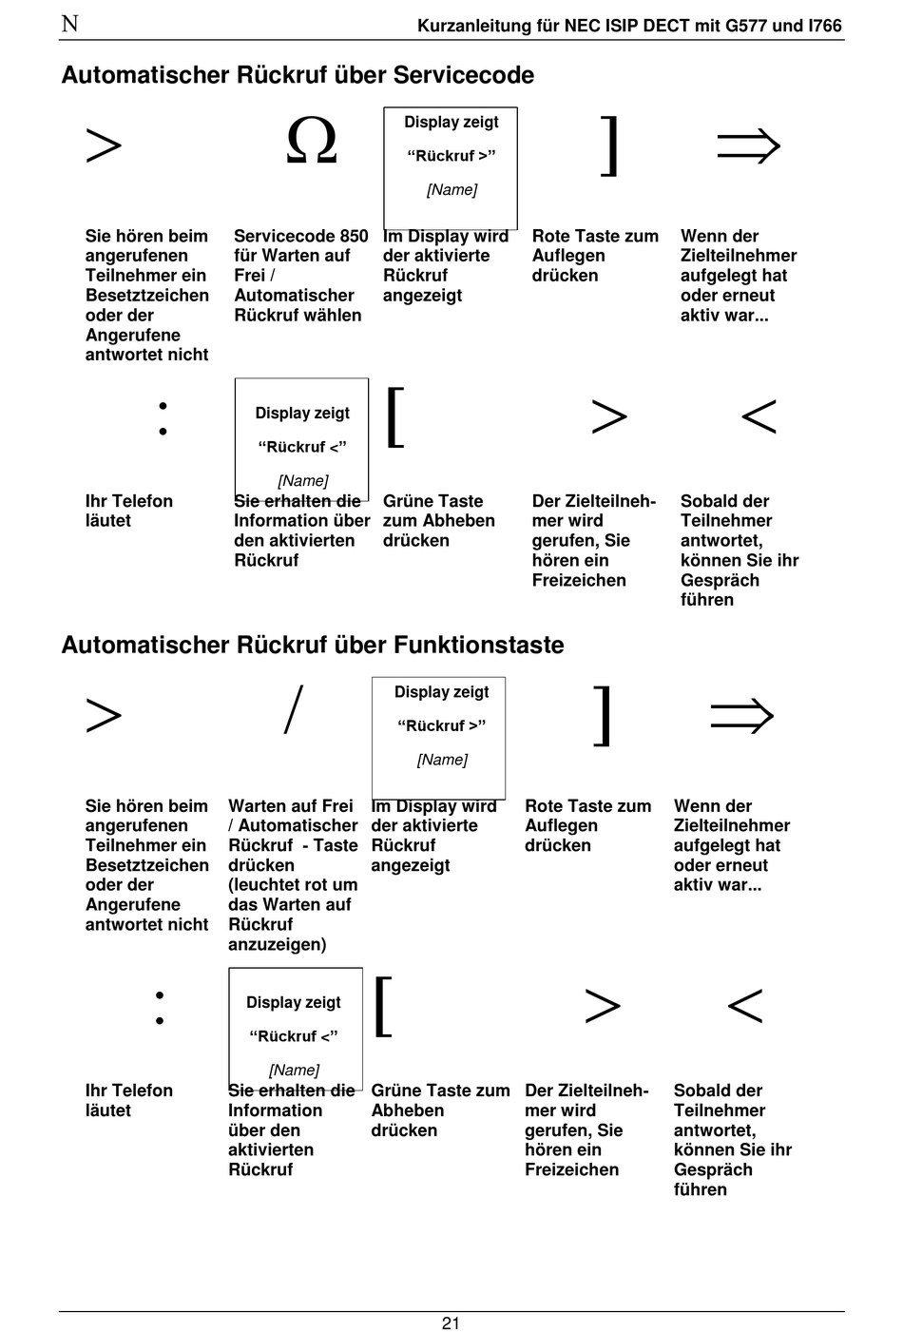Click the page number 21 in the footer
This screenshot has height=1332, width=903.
(x=451, y=1322)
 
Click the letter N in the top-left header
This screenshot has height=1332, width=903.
(x=69, y=24)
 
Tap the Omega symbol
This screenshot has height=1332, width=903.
(x=312, y=143)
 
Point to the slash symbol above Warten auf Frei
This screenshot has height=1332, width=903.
(x=294, y=710)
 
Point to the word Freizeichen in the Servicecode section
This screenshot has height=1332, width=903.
(x=579, y=580)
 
